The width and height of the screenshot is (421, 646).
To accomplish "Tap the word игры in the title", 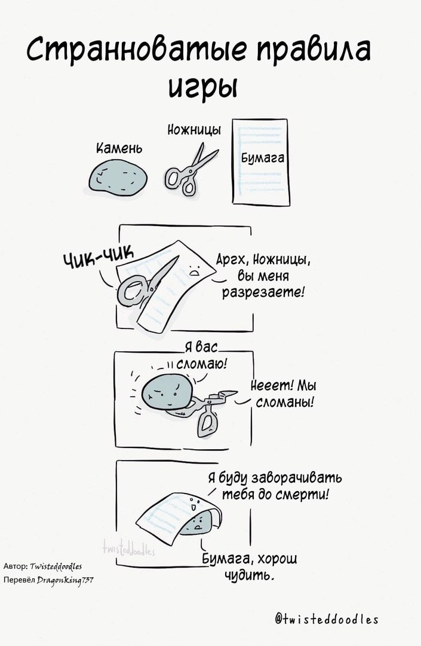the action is point(202,87).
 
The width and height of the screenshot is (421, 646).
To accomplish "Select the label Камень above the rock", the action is point(119,148).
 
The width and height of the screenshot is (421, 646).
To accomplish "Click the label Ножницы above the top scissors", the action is point(194,130).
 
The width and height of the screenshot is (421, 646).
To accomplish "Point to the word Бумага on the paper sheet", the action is point(263,158).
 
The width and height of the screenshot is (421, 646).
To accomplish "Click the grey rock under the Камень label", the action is point(118,177).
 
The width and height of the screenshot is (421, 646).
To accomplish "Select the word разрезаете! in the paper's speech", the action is point(263,292).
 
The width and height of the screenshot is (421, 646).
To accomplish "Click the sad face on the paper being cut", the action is point(193,269).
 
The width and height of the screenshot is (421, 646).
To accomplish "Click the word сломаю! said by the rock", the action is point(202,364).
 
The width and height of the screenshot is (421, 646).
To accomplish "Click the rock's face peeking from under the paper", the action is point(199,522).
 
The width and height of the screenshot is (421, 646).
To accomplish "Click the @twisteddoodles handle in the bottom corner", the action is point(327,619).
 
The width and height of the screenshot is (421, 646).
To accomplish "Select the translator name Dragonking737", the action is point(66,580).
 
